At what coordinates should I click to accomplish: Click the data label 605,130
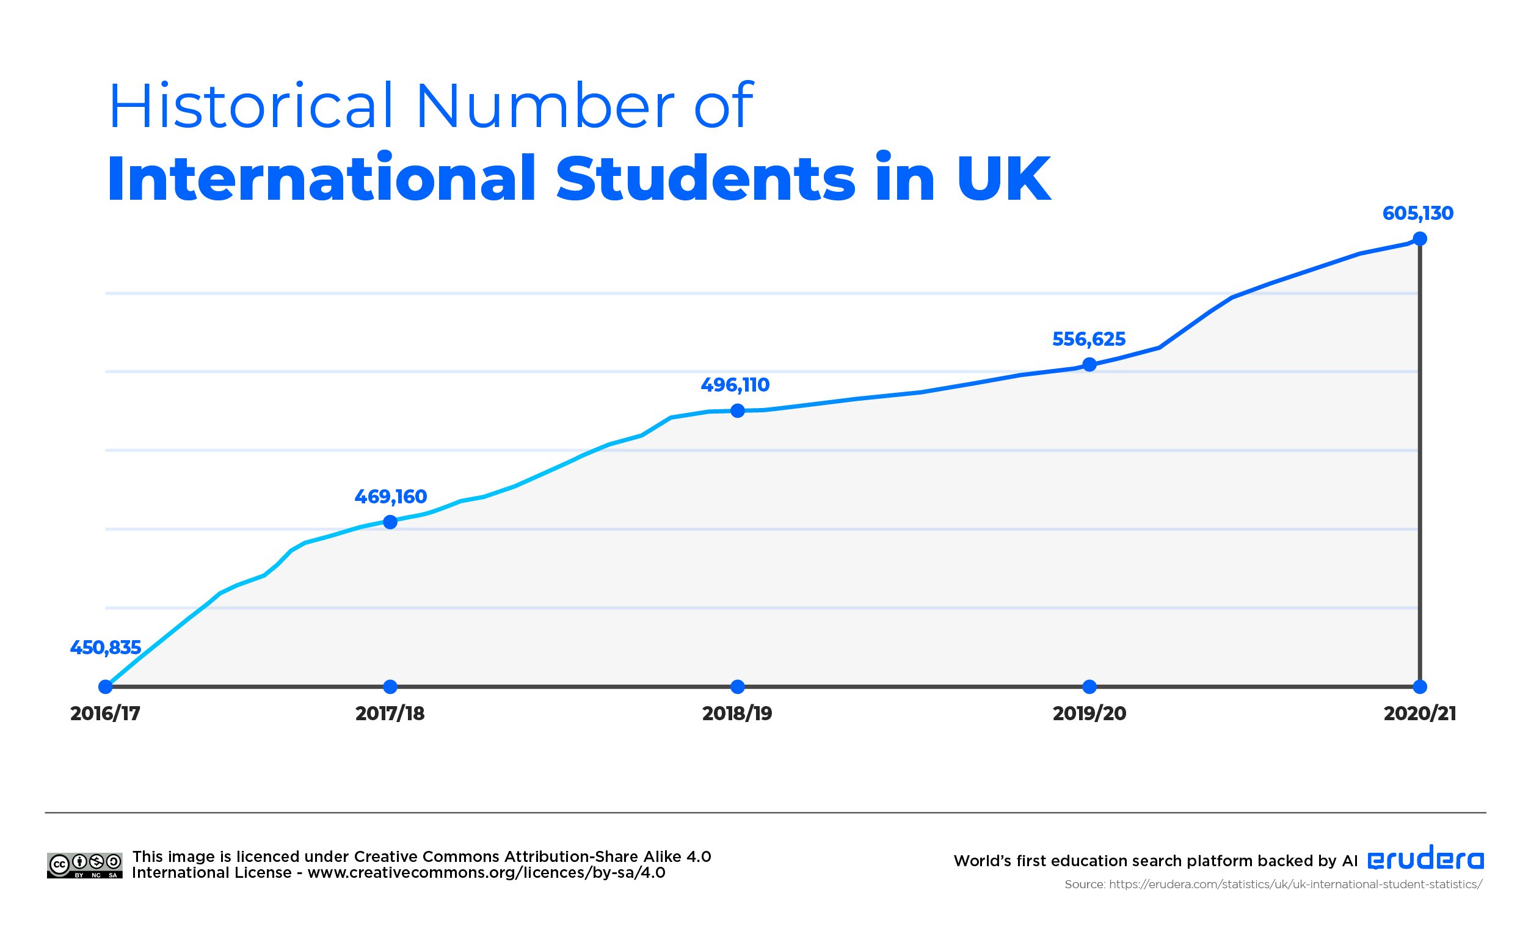coord(1417,214)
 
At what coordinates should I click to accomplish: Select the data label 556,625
coord(1089,339)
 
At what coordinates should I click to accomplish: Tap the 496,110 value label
coord(735,385)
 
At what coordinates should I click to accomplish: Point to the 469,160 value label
coord(391,497)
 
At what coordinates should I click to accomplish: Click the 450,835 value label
coord(106,648)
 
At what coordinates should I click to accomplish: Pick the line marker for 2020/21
coord(1420,239)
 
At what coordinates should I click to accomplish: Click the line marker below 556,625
coord(1089,365)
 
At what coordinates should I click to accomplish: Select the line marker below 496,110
coord(738,410)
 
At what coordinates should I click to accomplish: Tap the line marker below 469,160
coord(390,522)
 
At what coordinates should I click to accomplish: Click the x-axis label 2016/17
coord(106,713)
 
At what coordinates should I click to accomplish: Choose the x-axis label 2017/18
coord(390,713)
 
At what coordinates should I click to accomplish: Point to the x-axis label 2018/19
coord(738,713)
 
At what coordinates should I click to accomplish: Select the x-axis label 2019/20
coord(1089,713)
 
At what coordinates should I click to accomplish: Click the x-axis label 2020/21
coord(1420,713)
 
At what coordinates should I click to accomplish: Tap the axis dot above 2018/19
coord(738,687)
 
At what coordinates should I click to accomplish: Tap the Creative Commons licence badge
coord(84,866)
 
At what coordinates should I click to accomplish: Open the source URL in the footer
coord(1295,885)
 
